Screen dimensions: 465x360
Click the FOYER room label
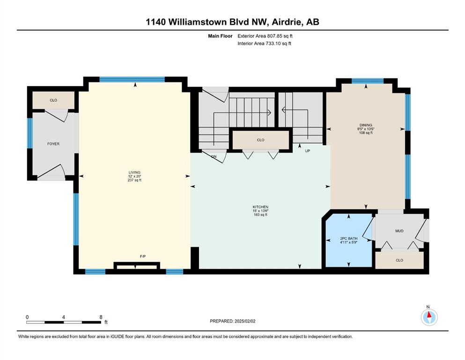click(x=53, y=143)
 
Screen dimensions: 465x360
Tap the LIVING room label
click(x=134, y=172)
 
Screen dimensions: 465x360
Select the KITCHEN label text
click(x=260, y=207)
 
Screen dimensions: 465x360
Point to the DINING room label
click(x=366, y=125)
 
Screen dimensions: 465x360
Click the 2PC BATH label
click(x=349, y=238)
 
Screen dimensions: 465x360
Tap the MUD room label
click(x=399, y=231)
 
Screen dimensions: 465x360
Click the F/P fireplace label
click(x=143, y=256)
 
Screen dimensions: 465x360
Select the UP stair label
click(x=308, y=151)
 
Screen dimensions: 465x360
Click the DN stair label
click(x=214, y=157)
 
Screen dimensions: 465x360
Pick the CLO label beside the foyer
click(x=53, y=100)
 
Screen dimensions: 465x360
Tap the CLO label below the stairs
click(x=260, y=140)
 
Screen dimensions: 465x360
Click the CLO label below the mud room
click(x=399, y=260)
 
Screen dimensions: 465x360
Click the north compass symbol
click(x=429, y=317)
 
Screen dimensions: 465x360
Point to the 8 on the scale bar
click(x=101, y=317)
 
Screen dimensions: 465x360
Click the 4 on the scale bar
click(x=64, y=317)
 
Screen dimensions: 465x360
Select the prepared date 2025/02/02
click(x=245, y=321)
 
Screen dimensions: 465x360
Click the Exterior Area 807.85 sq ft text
click(x=265, y=36)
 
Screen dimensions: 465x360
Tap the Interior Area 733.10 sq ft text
click(x=264, y=43)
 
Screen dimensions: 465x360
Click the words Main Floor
click(x=220, y=36)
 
